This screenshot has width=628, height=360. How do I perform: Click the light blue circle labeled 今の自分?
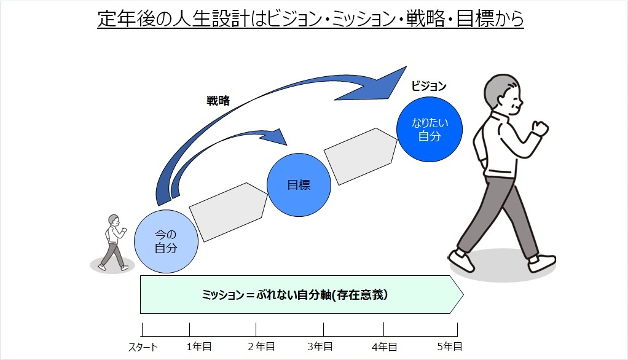[x=166, y=241]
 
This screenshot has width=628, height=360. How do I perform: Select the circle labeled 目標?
[x=299, y=184]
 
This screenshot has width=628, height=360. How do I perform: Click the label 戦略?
[x=218, y=101]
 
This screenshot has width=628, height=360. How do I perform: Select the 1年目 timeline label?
[x=199, y=346]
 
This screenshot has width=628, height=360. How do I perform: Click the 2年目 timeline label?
[x=261, y=346]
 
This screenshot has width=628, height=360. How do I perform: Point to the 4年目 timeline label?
[x=385, y=346]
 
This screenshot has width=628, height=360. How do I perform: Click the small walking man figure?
[x=114, y=243]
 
